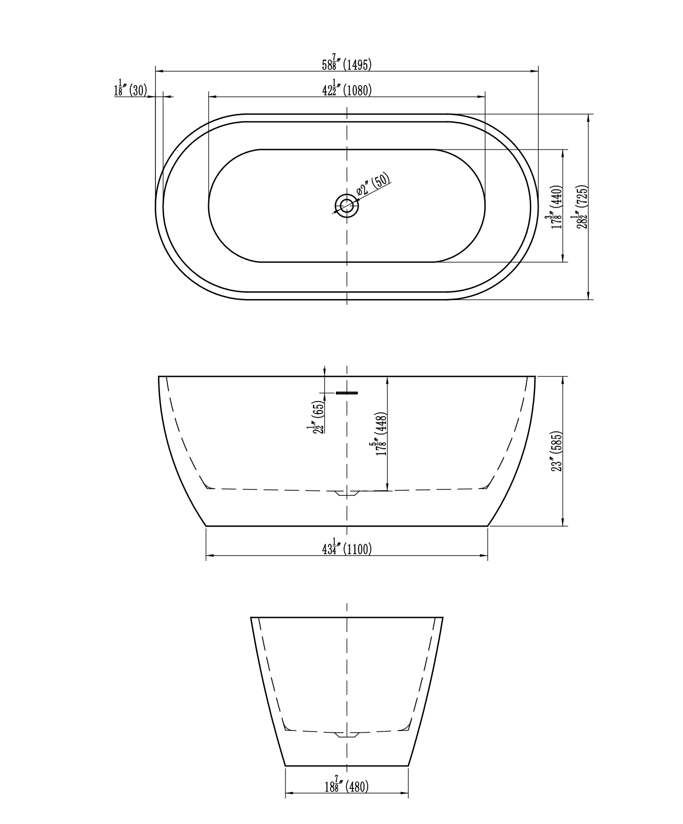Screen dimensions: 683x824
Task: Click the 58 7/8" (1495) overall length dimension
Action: click(347, 64)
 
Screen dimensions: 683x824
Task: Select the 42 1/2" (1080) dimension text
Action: click(347, 89)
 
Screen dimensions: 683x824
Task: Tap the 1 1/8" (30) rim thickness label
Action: click(130, 89)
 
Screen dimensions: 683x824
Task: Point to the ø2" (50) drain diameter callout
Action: click(373, 185)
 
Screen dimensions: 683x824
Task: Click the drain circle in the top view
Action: click(347, 205)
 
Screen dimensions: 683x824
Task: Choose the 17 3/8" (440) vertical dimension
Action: click(556, 207)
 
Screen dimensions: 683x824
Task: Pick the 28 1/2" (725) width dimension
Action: click(582, 207)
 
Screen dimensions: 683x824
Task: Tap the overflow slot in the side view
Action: click(347, 393)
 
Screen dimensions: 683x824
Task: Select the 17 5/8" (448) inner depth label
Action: click(381, 434)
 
